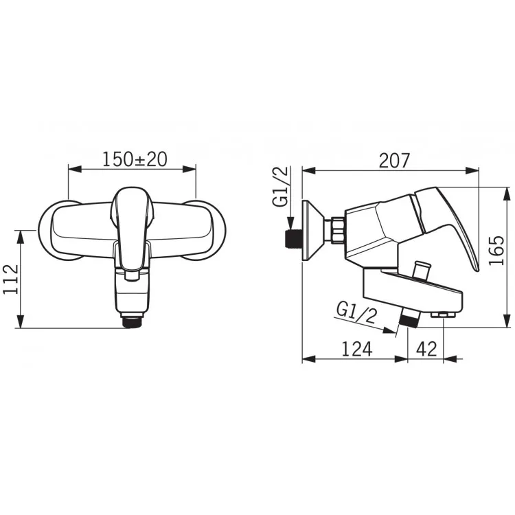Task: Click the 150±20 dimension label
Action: pos(135,159)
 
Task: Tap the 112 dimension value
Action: pos(11,279)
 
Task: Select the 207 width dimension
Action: pos(394,161)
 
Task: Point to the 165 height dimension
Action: pos(496,250)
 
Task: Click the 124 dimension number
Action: pos(357,349)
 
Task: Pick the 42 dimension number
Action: pos(426,349)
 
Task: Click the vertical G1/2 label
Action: pos(280,187)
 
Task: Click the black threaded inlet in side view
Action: pos(293,239)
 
